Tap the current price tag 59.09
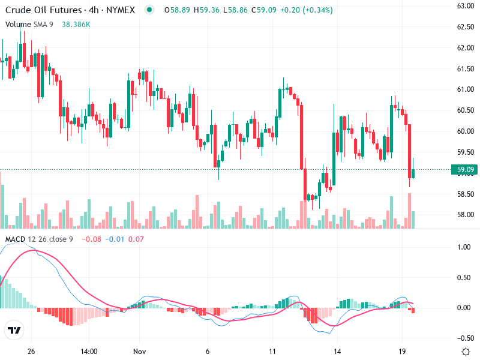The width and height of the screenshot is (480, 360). (x=466, y=170)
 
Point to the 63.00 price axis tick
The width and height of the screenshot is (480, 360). (x=466, y=6)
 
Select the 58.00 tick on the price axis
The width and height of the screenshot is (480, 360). (x=466, y=215)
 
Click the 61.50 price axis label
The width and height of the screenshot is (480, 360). (x=466, y=69)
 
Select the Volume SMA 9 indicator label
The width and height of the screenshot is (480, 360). (x=29, y=24)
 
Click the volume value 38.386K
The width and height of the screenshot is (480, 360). (x=76, y=24)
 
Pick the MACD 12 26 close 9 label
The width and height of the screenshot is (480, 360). (x=39, y=240)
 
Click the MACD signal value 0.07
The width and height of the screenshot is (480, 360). (x=136, y=240)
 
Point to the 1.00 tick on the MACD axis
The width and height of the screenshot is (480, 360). (x=463, y=247)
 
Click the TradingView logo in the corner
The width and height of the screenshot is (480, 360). (x=14, y=331)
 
